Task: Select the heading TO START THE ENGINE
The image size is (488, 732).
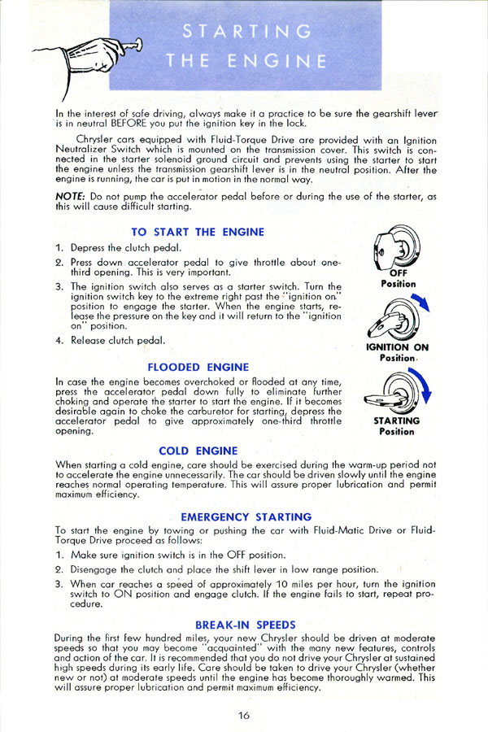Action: pos(198,232)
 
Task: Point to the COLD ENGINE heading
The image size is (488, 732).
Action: pos(198,450)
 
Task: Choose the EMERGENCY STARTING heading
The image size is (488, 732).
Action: pos(246,516)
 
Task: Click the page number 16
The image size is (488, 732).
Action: pos(244,715)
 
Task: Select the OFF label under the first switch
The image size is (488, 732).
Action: pos(399,274)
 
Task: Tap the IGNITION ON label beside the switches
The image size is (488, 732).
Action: pos(398,347)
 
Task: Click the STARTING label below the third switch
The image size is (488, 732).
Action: pos(397,421)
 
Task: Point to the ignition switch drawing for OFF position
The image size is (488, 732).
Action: pos(397,247)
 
